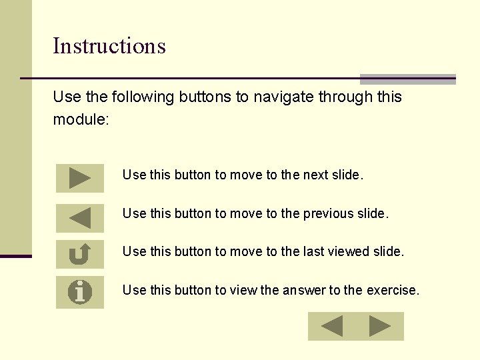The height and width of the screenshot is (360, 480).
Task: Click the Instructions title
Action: coord(109,46)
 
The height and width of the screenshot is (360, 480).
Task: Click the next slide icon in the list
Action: coord(80,178)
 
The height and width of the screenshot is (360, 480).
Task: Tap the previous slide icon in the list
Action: coord(80,218)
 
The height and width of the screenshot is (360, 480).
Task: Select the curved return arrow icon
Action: coord(80,254)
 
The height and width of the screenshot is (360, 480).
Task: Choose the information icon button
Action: coord(80,292)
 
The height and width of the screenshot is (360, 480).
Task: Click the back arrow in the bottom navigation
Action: coord(331,326)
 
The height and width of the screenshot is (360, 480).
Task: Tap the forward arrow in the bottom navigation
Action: coord(380,326)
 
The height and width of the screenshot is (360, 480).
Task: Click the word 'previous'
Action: coord(327,214)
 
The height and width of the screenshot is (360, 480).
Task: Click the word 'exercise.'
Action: coord(393,291)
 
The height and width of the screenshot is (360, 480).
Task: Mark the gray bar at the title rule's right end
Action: coord(408,79)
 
